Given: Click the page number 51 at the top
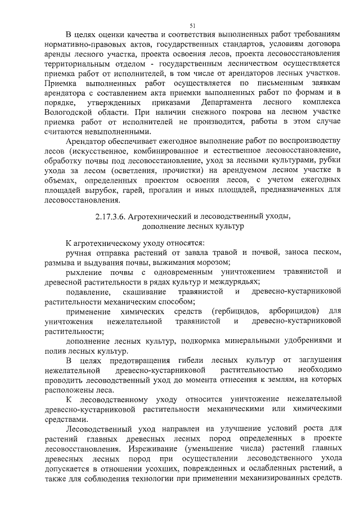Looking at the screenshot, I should point(192,26).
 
